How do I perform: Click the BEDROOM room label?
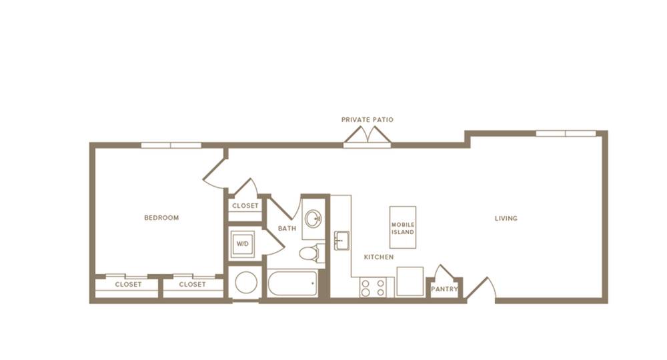161,217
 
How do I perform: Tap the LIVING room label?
506,219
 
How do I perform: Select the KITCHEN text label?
379,257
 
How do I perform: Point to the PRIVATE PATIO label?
367,120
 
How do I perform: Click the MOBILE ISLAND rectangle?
403,227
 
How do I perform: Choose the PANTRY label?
444,289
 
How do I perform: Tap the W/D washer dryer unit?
243,244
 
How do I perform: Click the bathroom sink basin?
314,219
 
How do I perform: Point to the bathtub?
292,283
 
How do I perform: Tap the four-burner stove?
373,287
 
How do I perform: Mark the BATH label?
287,228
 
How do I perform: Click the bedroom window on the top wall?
171,145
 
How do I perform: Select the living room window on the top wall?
566,133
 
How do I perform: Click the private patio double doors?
368,137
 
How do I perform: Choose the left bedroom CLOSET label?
128,285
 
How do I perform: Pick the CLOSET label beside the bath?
245,206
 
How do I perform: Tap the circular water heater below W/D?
246,283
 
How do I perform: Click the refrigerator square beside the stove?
410,281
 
